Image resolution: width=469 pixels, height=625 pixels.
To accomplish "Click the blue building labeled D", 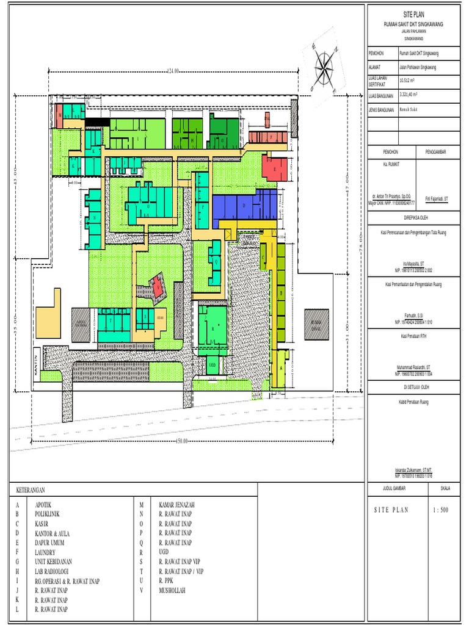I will pos(244,206).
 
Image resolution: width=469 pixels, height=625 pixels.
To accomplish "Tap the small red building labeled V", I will pos(158,284).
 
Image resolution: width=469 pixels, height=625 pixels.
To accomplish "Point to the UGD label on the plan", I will pos(213,364).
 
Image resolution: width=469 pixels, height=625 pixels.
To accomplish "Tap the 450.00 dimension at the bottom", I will pos(182,441).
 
